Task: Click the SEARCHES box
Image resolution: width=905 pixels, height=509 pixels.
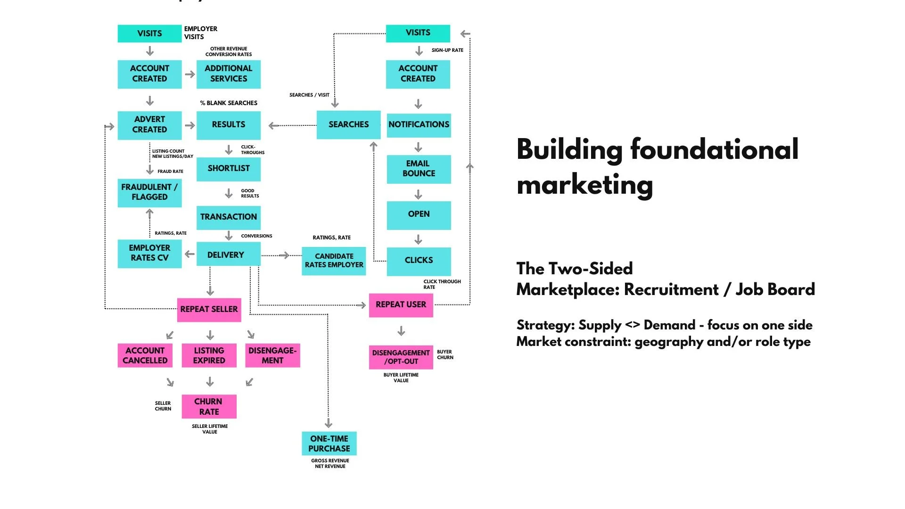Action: tap(348, 124)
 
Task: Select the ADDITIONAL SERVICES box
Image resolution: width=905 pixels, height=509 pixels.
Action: tap(229, 74)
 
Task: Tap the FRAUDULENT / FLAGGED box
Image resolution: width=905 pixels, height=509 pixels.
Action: tap(149, 192)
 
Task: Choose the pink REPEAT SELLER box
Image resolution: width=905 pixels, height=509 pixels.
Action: tap(209, 310)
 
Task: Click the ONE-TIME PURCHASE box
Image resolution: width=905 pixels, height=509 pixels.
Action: tap(329, 443)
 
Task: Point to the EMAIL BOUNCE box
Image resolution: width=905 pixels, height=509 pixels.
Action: tap(419, 169)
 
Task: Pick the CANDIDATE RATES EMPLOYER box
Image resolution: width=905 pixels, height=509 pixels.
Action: tap(334, 261)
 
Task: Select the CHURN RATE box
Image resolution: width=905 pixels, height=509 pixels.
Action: tap(209, 406)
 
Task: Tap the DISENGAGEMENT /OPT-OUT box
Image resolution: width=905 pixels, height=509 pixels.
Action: tap(401, 357)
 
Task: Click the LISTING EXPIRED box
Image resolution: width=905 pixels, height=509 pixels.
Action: tap(209, 355)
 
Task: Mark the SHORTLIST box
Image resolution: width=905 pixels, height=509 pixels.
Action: tap(229, 169)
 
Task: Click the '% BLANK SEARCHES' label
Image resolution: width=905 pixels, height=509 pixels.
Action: tap(229, 103)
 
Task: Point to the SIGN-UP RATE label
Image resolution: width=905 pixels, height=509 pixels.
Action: tap(447, 50)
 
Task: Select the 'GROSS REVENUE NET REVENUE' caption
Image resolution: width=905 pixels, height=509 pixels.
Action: tap(330, 464)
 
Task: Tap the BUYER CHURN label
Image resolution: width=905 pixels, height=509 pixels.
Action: tap(445, 355)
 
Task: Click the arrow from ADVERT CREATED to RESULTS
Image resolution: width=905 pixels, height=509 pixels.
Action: tap(190, 125)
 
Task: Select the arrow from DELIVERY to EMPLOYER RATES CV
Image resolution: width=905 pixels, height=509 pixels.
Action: tap(189, 254)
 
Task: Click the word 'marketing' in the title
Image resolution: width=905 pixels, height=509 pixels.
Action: tap(584, 185)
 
